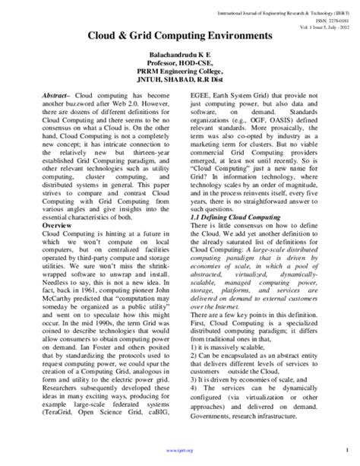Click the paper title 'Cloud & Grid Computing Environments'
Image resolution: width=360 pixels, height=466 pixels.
[x=180, y=36]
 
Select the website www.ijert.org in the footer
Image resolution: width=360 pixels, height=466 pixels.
[x=180, y=450]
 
